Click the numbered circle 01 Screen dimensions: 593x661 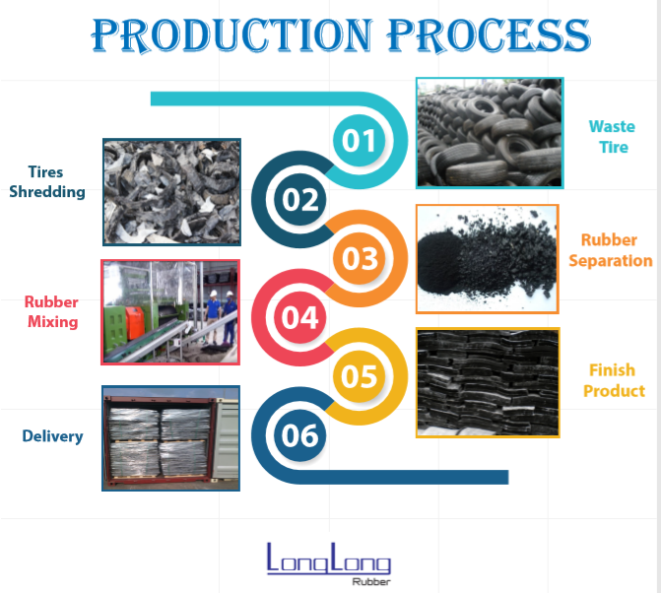pyautogui.click(x=360, y=141)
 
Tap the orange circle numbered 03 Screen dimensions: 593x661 pyautogui.click(x=360, y=258)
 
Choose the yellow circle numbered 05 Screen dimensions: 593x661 pyautogui.click(x=360, y=376)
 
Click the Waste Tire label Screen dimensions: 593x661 pyautogui.click(x=611, y=137)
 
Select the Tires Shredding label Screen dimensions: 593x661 pyautogui.click(x=47, y=182)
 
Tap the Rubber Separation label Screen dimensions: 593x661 pyautogui.click(x=610, y=250)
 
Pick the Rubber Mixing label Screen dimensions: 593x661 pyautogui.click(x=52, y=311)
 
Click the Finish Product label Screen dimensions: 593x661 pyautogui.click(x=613, y=380)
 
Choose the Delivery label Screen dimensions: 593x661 pyautogui.click(x=53, y=435)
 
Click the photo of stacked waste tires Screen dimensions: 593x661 pyautogui.click(x=489, y=132)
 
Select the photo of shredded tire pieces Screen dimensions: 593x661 pyautogui.click(x=171, y=191)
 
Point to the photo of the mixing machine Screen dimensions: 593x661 pyautogui.click(x=170, y=311)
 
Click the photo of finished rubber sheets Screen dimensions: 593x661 pyautogui.click(x=488, y=382)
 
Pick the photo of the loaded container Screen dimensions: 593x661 pyautogui.click(x=171, y=437)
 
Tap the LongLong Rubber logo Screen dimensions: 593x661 pyautogui.click(x=328, y=562)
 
